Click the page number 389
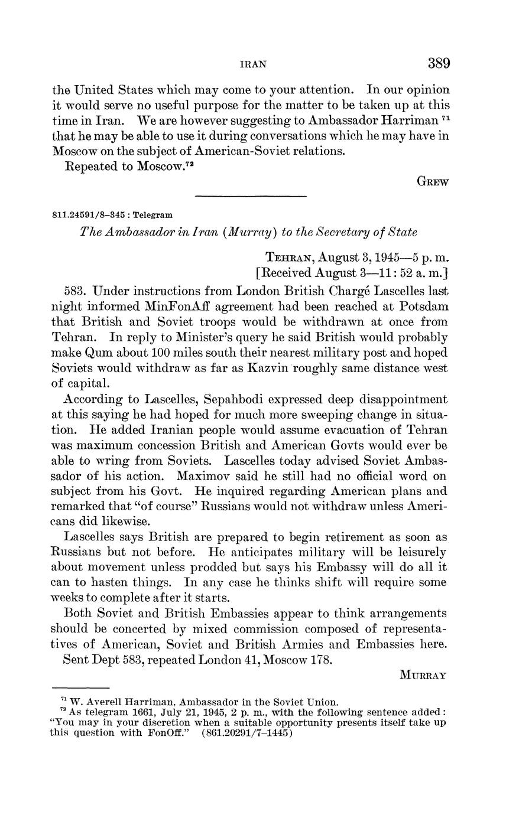point(438,63)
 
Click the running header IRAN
point(252,64)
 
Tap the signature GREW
point(434,182)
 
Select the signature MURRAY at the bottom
point(423,675)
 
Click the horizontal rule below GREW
point(251,196)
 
